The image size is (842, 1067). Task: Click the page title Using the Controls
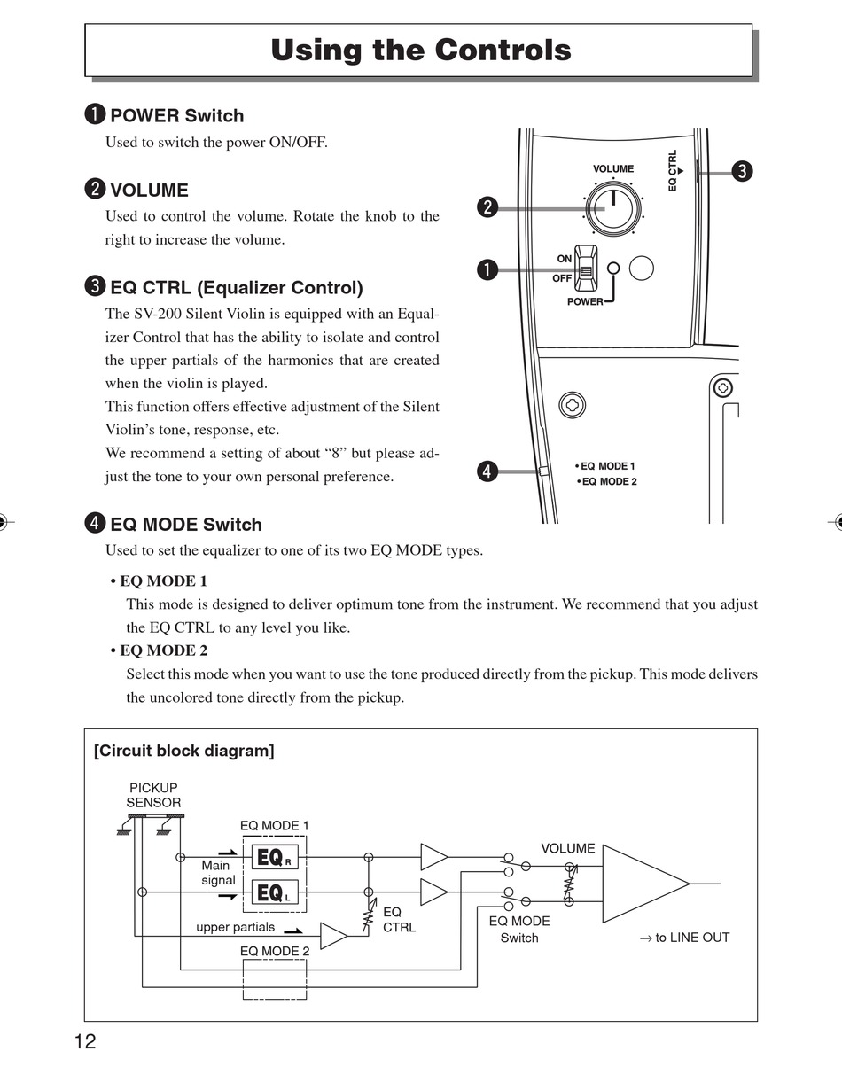[421, 50]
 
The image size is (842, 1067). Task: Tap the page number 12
[85, 1041]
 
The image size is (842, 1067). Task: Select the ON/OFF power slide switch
[585, 268]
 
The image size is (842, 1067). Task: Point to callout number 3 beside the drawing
[743, 171]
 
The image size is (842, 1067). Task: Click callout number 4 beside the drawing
[486, 471]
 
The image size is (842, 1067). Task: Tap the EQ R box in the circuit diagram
[275, 858]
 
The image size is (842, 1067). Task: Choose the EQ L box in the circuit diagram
[275, 892]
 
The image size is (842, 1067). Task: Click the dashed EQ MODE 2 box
[275, 979]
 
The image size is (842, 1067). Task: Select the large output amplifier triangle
[638, 884]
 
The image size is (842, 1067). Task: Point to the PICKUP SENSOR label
[153, 795]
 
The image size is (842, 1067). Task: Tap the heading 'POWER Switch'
[176, 115]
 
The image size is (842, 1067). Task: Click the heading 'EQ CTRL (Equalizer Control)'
[236, 287]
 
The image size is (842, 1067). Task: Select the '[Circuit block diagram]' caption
[184, 752]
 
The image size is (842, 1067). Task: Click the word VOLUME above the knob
[613, 168]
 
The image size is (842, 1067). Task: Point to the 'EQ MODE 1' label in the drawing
[607, 466]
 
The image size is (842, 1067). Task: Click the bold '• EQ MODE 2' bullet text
[160, 650]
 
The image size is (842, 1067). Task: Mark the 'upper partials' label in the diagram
[235, 927]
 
